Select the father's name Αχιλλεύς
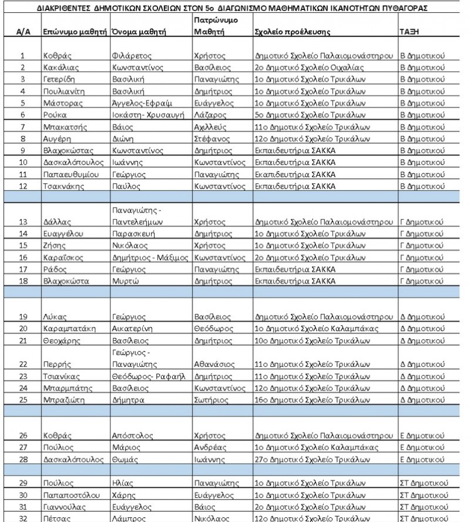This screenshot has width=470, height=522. pos(209,128)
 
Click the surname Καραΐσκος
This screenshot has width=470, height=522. pos(65,257)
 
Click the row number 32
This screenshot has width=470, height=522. pos(22,518)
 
